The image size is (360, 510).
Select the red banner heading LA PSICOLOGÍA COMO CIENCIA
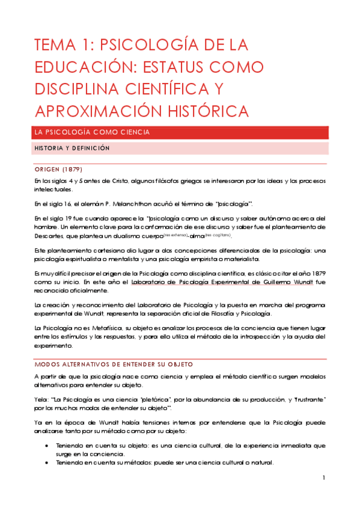click(92, 132)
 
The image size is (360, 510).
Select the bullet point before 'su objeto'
click(47, 446)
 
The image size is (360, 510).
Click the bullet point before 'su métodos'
click(47, 463)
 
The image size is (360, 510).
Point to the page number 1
click(323, 478)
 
